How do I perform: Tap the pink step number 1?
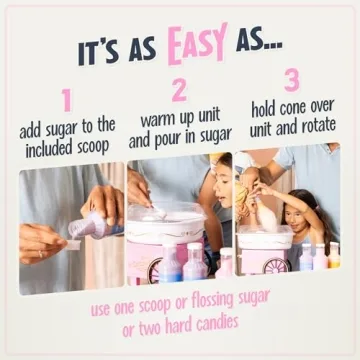tap(67, 99)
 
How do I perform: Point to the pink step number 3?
tap(291, 79)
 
